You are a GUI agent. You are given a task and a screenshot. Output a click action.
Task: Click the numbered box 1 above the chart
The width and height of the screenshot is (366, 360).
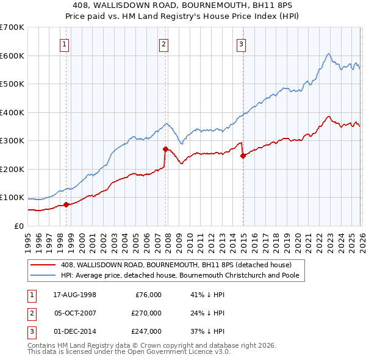pos(65,43)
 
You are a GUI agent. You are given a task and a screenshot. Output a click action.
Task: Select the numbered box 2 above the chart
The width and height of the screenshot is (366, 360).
pos(164,43)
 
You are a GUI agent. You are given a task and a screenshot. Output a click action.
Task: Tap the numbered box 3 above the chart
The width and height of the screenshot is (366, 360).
pos(242,43)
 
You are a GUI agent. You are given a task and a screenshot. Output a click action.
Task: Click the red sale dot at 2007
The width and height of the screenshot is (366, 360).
pos(165,149)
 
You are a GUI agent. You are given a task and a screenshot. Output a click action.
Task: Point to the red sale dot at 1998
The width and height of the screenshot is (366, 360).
pos(66,204)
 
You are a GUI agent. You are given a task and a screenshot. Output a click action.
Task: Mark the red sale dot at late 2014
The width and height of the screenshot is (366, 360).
pos(243,156)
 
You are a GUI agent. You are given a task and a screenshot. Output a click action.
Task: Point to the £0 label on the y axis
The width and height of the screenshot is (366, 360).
pos(18,226)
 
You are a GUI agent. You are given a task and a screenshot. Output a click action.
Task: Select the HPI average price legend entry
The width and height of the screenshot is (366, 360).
pos(183,275)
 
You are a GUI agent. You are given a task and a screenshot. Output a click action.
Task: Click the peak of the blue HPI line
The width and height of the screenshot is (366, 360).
pos(328,54)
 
